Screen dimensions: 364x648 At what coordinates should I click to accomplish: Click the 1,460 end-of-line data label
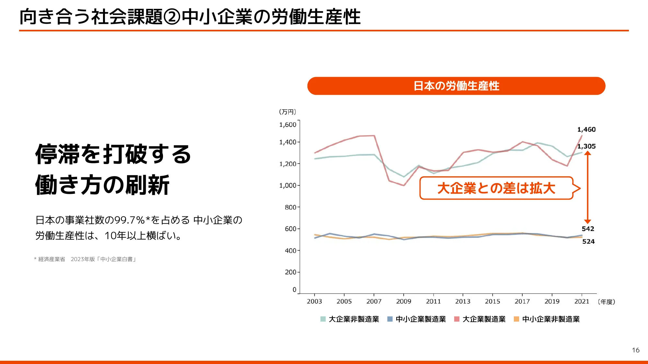point(586,129)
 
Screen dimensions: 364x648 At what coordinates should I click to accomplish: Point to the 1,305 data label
point(586,146)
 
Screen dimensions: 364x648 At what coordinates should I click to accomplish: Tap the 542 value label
point(588,229)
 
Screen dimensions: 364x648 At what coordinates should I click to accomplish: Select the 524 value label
point(588,241)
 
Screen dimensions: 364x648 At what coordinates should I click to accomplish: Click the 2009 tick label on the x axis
point(403,301)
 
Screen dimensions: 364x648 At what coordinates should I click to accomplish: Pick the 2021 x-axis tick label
point(582,301)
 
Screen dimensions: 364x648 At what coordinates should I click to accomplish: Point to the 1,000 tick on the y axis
point(288,185)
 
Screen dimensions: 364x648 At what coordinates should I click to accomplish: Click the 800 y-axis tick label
point(290,207)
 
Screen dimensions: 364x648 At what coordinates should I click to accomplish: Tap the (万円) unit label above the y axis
point(287,112)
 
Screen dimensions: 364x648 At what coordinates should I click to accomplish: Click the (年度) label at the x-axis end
point(606,302)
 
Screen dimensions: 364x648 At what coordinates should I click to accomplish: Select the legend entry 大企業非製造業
point(353,319)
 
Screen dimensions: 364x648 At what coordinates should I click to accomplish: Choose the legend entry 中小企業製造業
point(421,319)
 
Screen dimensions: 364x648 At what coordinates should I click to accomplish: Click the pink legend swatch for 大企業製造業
point(457,319)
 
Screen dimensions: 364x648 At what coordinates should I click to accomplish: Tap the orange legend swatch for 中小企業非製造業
point(516,319)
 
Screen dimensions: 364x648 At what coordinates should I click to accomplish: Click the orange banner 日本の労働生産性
point(456,86)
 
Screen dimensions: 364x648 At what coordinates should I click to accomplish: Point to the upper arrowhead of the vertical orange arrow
point(587,153)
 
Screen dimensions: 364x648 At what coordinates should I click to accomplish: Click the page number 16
point(635,350)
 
